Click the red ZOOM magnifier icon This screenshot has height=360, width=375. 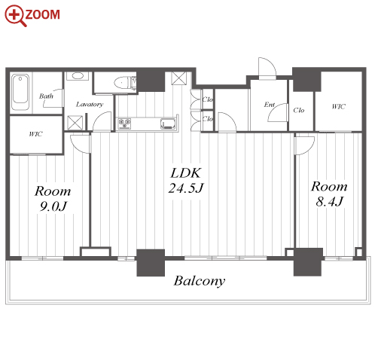click(x=15, y=16)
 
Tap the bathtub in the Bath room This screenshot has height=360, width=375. click(x=20, y=92)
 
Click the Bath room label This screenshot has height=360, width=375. click(x=46, y=96)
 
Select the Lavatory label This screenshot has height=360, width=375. click(x=90, y=105)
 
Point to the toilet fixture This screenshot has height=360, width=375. click(x=123, y=83)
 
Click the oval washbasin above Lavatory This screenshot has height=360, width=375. click(x=77, y=75)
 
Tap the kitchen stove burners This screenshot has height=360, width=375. click(x=125, y=124)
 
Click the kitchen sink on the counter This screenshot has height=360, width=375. click(x=168, y=124)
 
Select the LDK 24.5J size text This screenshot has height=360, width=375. click(x=186, y=181)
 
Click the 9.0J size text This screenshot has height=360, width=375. click(x=53, y=206)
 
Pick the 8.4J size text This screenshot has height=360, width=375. click(x=329, y=201)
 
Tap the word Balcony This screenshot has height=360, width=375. click(x=200, y=281)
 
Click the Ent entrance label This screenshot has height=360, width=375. click(x=270, y=105)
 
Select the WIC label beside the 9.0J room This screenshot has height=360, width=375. click(x=35, y=134)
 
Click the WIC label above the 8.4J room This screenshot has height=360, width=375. click(x=338, y=106)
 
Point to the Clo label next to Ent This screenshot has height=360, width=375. click(x=299, y=110)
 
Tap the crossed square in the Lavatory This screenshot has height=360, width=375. click(x=75, y=123)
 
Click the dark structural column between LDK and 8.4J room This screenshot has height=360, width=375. click(x=308, y=262)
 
